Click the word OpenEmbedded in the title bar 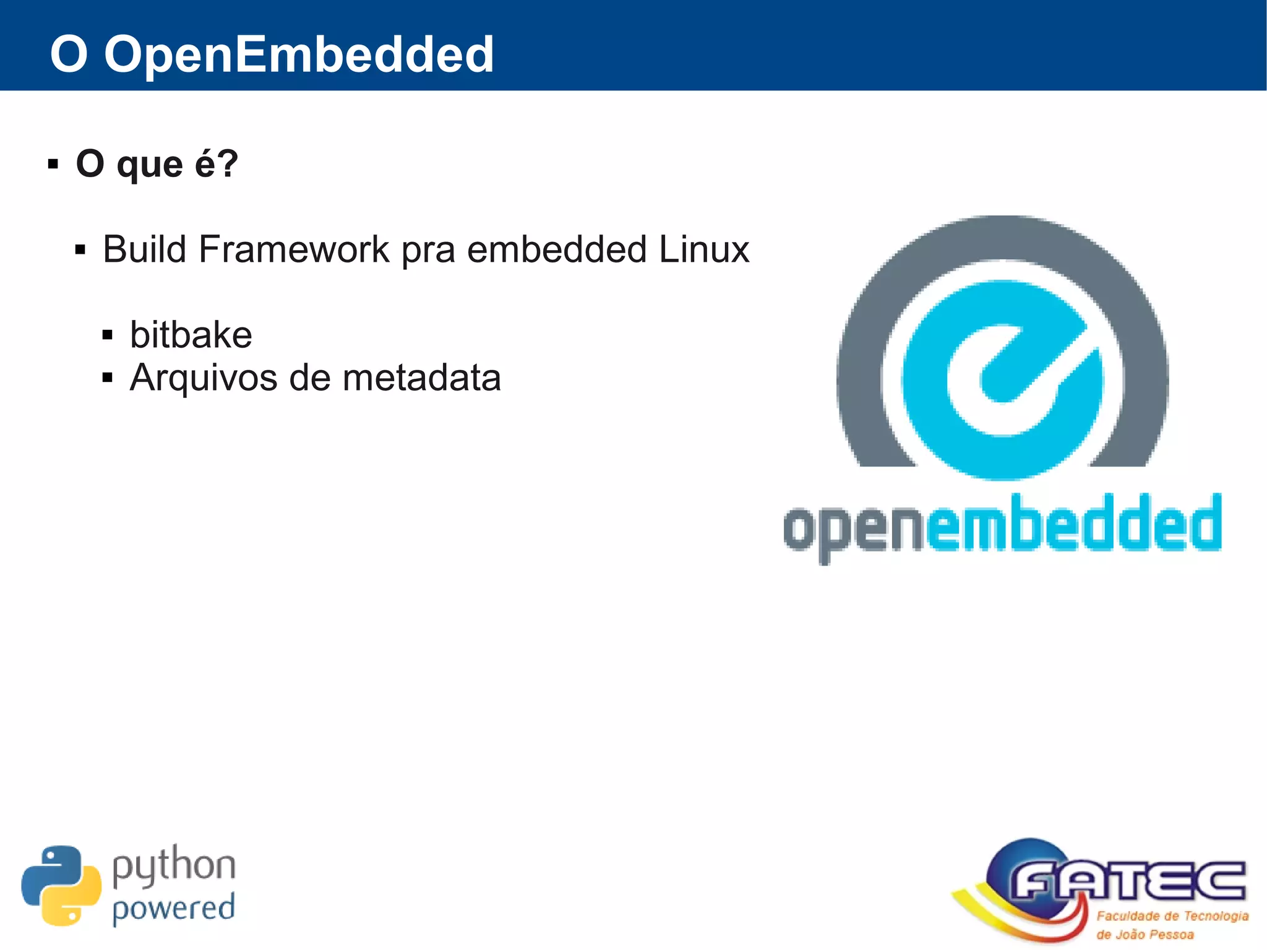click(x=299, y=54)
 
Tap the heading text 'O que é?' click(x=157, y=164)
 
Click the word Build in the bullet click(x=144, y=249)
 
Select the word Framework click(x=294, y=249)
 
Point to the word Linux click(x=703, y=249)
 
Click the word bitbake click(x=191, y=335)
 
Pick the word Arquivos click(x=204, y=378)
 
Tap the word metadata click(x=421, y=378)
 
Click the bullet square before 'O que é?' click(x=53, y=165)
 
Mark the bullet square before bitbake click(x=108, y=335)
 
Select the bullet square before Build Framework click(x=80, y=251)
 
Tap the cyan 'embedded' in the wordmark click(x=1073, y=524)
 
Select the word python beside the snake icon click(x=174, y=865)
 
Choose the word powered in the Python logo click(x=174, y=909)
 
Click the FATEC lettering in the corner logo click(x=1127, y=881)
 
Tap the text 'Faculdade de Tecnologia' click(x=1172, y=916)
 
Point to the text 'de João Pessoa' click(x=1145, y=935)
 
